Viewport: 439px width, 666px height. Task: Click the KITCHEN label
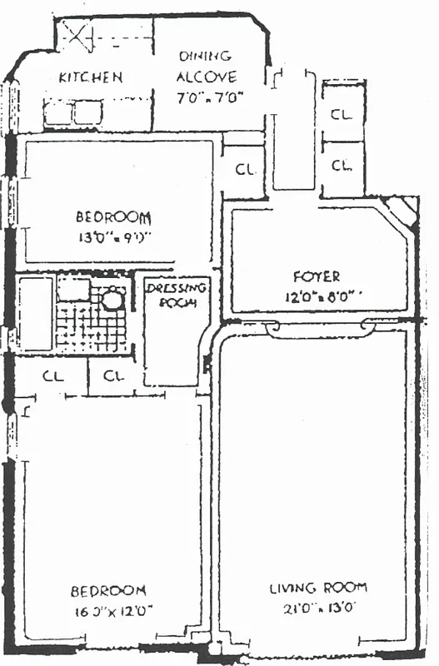[x=91, y=77]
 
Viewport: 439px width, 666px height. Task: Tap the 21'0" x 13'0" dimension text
[x=316, y=607]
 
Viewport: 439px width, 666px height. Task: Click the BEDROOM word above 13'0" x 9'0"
[x=113, y=217]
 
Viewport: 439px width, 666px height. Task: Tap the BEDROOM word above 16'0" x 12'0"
[x=109, y=591]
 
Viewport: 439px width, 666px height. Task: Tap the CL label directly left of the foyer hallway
[x=244, y=170]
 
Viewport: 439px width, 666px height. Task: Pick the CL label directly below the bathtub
[x=52, y=375]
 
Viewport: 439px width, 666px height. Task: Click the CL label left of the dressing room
[x=114, y=375]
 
